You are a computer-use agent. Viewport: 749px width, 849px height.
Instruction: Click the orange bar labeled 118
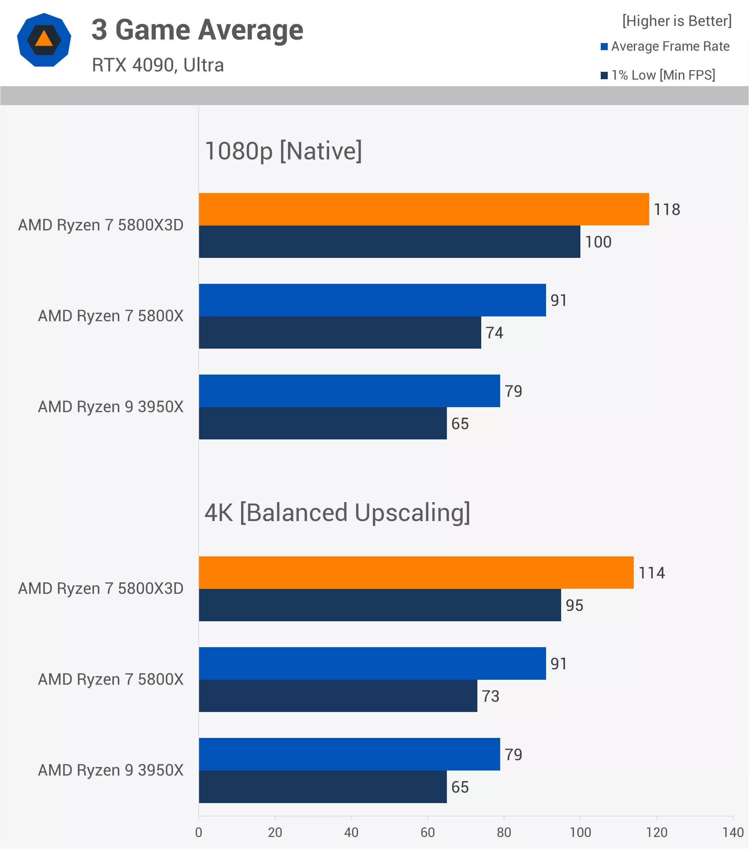[x=424, y=209]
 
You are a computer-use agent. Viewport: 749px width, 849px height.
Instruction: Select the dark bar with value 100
[x=389, y=241]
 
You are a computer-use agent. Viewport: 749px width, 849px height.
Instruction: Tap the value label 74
[x=494, y=333]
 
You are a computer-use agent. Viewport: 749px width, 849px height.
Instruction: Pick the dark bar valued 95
[x=380, y=605]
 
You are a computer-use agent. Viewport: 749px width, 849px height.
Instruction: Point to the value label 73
[x=490, y=696]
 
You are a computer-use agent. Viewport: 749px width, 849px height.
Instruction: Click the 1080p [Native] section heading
[x=283, y=151]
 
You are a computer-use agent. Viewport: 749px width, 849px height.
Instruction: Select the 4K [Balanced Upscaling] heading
[x=337, y=513]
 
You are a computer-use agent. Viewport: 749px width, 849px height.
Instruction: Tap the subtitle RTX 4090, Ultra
[x=158, y=65]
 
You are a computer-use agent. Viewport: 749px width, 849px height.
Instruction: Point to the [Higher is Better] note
[x=677, y=21]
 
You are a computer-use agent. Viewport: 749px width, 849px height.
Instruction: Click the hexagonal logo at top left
[x=44, y=40]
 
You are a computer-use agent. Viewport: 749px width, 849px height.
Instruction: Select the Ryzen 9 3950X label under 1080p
[x=110, y=407]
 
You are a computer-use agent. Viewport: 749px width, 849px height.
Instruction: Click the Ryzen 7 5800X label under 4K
[x=110, y=679]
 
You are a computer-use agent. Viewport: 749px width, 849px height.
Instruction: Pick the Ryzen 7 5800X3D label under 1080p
[x=101, y=225]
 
